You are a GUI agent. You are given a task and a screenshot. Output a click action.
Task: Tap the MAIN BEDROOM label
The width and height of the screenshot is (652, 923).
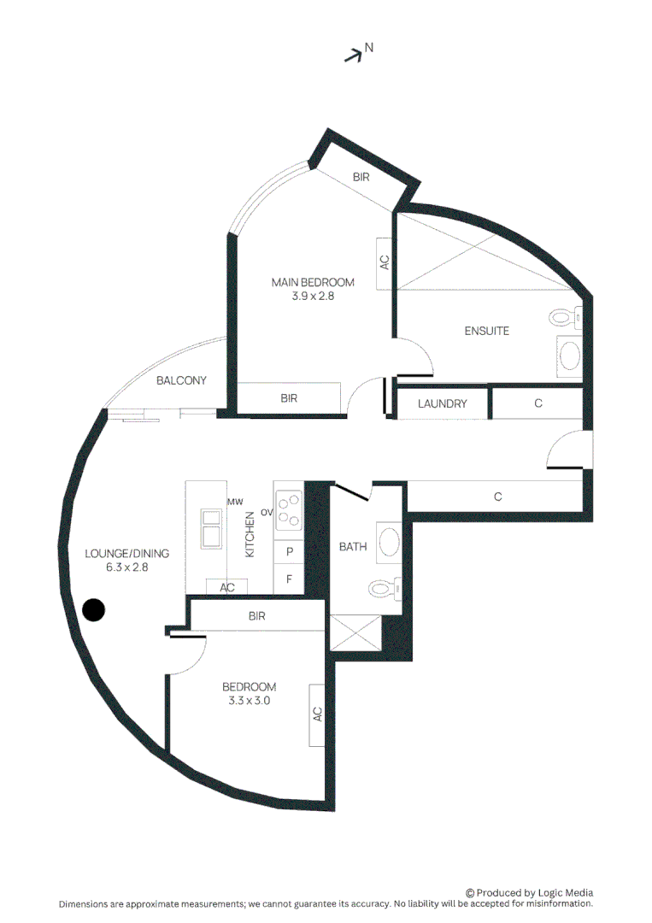pos(313,282)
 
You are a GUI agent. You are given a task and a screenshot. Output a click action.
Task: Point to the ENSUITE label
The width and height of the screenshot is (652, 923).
pos(486,331)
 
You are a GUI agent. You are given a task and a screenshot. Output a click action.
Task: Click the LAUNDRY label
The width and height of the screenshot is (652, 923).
pos(442,403)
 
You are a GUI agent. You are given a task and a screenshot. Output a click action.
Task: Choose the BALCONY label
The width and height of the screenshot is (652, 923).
pos(181,380)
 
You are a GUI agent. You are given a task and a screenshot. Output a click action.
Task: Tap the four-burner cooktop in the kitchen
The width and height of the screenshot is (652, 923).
pos(288,509)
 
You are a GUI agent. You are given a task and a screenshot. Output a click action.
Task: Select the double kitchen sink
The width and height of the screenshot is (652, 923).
pos(210,529)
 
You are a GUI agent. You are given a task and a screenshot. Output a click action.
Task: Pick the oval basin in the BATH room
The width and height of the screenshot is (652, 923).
pos(390,542)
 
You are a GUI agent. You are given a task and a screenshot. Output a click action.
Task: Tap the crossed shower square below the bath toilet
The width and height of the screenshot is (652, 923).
pos(356,633)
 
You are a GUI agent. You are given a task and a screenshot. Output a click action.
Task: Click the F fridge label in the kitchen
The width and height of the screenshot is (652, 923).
pos(290,579)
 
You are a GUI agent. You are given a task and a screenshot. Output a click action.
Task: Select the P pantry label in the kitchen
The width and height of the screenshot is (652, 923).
pos(290,552)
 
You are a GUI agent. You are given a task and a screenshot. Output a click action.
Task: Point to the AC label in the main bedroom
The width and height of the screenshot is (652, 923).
pos(385,262)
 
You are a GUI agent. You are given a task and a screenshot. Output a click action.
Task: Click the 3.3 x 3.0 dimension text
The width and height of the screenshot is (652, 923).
pos(249,701)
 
